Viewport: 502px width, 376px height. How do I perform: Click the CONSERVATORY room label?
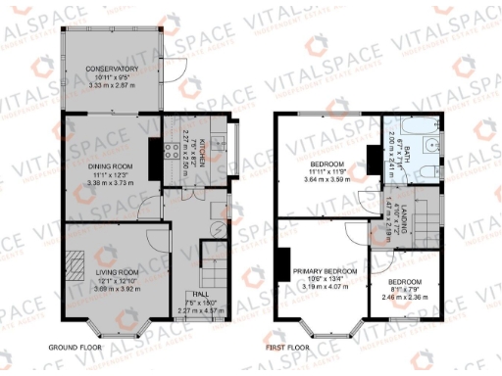click(111, 68)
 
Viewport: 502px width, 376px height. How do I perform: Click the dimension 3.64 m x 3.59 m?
click(326, 179)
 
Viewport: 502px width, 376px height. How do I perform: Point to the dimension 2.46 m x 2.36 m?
click(399, 294)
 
